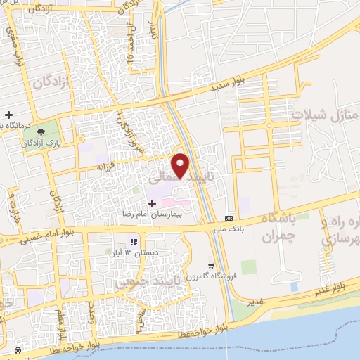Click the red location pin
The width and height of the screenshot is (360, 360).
tap(181, 165)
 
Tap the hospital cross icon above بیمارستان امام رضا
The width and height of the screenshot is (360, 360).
tap(152, 202)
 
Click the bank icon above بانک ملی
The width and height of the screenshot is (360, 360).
tap(229, 218)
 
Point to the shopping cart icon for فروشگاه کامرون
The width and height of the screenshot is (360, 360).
tap(211, 266)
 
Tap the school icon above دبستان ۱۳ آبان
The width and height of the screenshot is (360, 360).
tap(131, 243)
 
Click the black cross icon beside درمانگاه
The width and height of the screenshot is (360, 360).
tap(8, 115)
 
